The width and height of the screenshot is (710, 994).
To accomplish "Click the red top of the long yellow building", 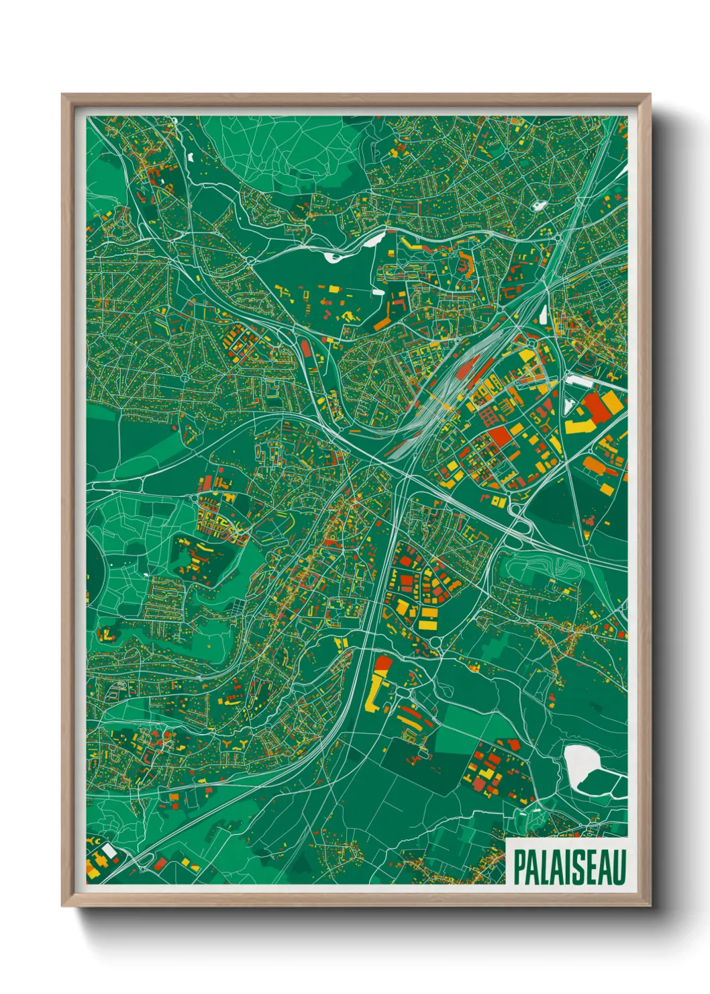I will tap(383, 664).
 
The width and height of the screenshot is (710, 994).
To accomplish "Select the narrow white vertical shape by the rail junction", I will tap(543, 314).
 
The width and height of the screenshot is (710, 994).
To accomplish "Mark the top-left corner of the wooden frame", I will tap(63, 95).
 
